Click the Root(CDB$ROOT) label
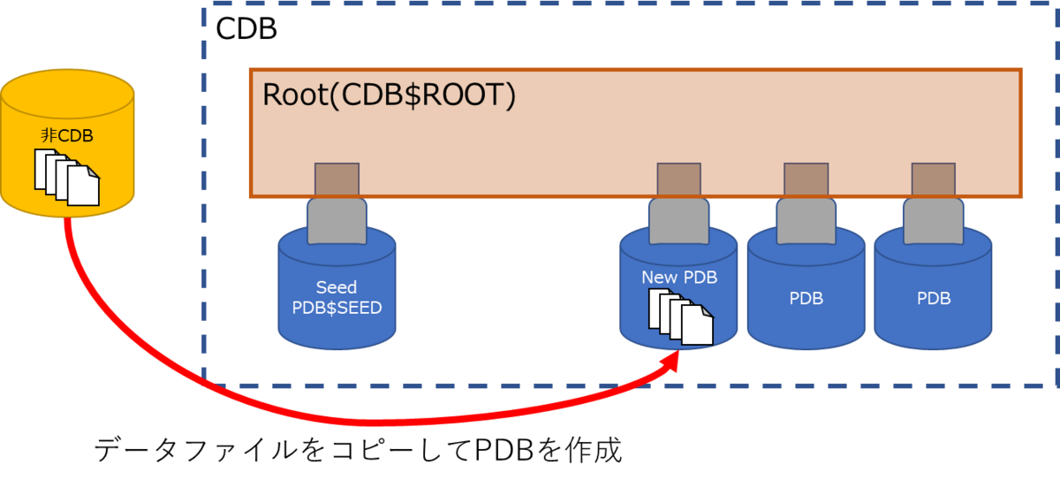pos(389,95)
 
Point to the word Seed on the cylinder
pos(336,287)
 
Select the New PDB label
pos(678,278)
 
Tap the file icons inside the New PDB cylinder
pos(681,316)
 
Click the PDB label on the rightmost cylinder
pos(933,299)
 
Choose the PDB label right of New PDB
pos(806,299)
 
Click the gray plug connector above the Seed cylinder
pos(336,219)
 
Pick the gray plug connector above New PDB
pos(678,219)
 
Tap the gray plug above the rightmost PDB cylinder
pos(933,219)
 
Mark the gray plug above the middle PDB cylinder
pos(806,219)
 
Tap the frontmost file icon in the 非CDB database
pos(83,187)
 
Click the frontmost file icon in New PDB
pos(697,325)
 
